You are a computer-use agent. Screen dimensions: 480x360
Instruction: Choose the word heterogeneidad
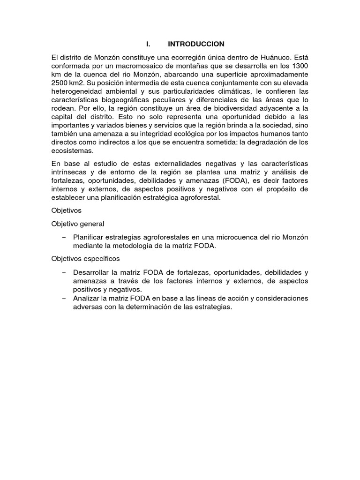(77, 91)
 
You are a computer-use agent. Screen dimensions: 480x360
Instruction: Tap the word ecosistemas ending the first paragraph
(73, 150)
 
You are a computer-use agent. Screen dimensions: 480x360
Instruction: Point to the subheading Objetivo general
(78, 224)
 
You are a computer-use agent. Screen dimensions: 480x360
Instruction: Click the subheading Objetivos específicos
(86, 258)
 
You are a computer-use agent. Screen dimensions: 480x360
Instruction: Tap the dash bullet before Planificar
(64, 237)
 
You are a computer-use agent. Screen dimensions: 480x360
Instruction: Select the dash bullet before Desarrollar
(64, 272)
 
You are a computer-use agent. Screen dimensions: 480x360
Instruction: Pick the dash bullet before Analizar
(64, 298)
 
